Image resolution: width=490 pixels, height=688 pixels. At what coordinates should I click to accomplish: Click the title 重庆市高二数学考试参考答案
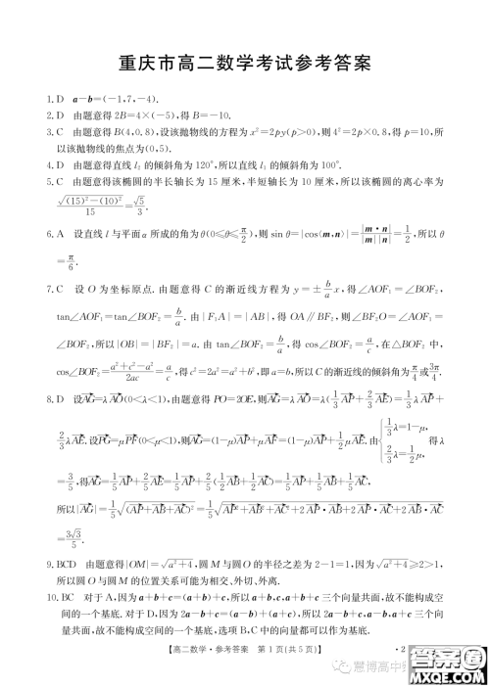point(244,67)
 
